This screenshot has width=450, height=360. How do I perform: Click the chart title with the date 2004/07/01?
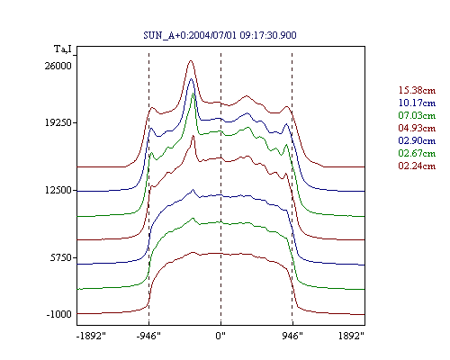click(220, 35)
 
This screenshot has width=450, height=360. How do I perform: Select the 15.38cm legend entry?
click(417, 90)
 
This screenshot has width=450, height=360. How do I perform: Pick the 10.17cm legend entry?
click(417, 103)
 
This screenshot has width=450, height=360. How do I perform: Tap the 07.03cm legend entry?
click(417, 115)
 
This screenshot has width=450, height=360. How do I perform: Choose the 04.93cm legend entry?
click(417, 128)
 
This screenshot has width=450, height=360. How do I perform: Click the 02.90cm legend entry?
click(417, 140)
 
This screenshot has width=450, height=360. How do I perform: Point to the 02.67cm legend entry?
click(417, 153)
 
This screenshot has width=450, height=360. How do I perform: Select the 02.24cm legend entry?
click(417, 166)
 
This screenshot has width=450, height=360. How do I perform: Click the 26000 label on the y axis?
click(58, 66)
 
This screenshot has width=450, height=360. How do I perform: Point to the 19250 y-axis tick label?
click(58, 122)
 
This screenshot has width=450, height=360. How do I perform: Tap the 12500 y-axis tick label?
click(58, 190)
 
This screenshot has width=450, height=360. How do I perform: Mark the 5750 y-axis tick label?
click(61, 257)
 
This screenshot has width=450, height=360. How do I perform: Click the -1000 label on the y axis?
click(58, 314)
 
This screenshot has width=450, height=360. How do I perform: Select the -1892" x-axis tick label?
click(91, 336)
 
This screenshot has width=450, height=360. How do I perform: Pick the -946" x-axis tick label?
click(148, 336)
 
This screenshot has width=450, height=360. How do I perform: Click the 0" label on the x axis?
click(220, 336)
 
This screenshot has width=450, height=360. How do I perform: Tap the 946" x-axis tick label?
click(292, 336)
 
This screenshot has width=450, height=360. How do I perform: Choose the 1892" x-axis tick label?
click(351, 336)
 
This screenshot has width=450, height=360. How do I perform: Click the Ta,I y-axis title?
click(63, 49)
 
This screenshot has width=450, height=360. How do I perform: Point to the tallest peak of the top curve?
click(191, 61)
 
